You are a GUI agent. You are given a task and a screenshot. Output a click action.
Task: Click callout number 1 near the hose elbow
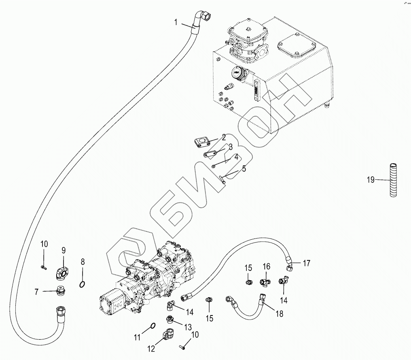[x=176, y=23]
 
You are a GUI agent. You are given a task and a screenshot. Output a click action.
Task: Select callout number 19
[x=371, y=180]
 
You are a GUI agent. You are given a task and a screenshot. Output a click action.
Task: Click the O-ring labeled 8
[x=82, y=284]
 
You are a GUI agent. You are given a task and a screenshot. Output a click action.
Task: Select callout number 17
[x=306, y=263]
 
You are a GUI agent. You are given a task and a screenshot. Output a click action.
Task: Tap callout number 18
[x=279, y=313]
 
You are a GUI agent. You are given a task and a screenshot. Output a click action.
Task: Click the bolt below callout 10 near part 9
[x=43, y=266]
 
